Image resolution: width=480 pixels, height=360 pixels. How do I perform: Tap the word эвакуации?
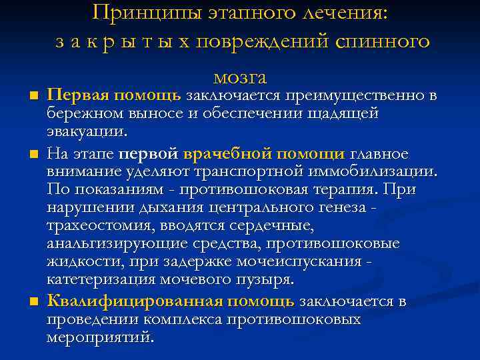click(x=84, y=132)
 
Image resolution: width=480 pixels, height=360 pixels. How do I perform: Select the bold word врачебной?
click(x=225, y=154)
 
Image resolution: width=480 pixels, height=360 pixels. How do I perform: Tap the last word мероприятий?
click(x=100, y=337)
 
